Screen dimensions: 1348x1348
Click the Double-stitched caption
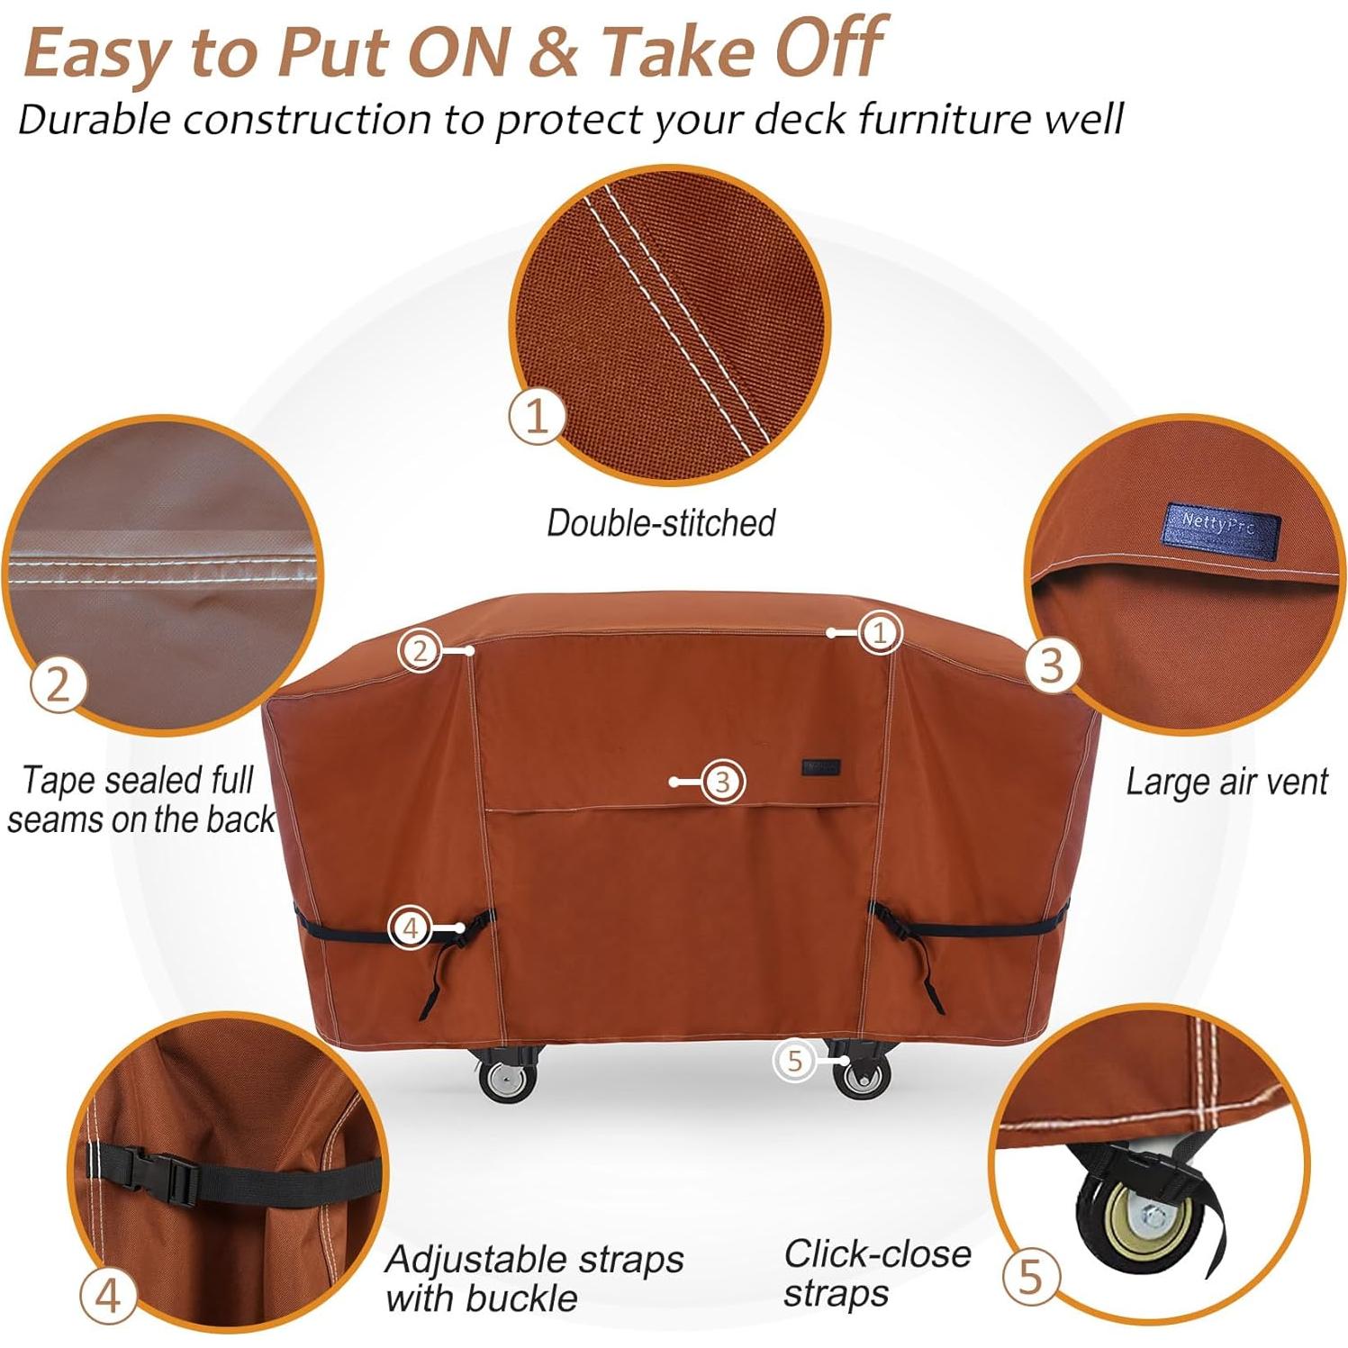(x=661, y=523)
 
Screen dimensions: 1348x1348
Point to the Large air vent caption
(x=1226, y=782)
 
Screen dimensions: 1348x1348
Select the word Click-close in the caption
(x=877, y=1253)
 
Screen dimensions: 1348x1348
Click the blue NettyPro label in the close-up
(x=1220, y=525)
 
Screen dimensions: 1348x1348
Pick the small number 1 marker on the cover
(x=880, y=633)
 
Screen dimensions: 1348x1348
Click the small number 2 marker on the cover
(x=420, y=650)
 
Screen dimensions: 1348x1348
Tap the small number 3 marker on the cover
(x=722, y=782)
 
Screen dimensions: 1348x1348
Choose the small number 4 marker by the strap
(x=410, y=927)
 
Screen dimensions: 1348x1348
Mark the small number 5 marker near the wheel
(x=794, y=1061)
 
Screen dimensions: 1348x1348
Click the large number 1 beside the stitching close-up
(x=537, y=416)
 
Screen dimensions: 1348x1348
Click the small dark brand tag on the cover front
(x=820, y=767)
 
